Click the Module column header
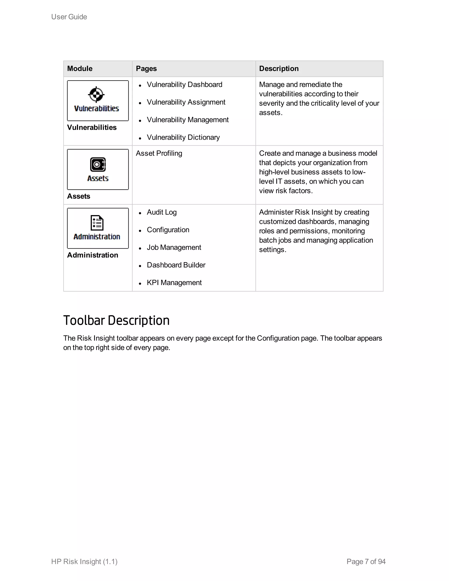coord(80,69)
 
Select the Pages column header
coord(146,69)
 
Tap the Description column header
coord(279,69)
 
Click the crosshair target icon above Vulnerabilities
coord(96,94)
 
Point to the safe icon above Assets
coord(98,164)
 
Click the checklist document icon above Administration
coord(97,223)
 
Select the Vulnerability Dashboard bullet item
coord(184,85)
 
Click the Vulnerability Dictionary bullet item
coord(183,137)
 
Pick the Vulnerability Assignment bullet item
coord(186,102)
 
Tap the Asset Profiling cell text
coord(159,153)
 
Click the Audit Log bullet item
coord(161,212)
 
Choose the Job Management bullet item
coord(174,247)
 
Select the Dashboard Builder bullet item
coord(176,265)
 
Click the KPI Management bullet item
coord(174,283)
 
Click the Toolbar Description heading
coord(116,320)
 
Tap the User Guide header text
coord(69,17)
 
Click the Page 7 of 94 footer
coord(366,561)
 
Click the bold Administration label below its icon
coord(93,255)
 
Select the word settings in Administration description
coord(272,250)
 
